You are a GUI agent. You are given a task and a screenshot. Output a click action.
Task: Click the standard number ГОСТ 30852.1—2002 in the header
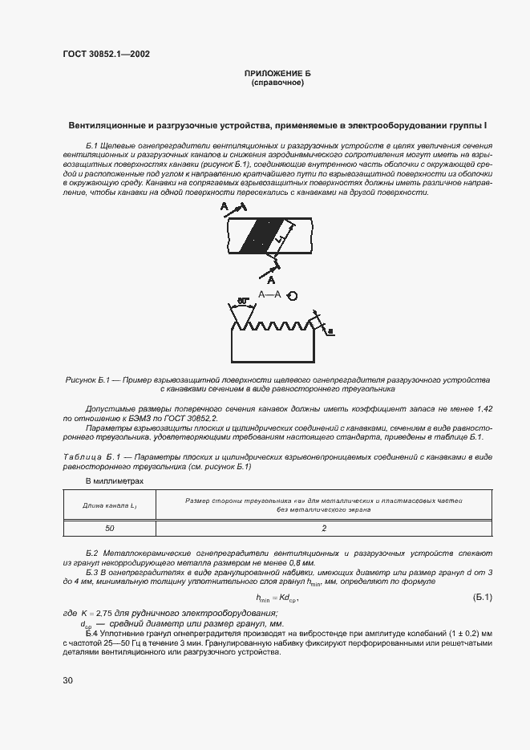pos(106,55)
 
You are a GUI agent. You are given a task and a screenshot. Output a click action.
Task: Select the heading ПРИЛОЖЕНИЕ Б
pos(277,74)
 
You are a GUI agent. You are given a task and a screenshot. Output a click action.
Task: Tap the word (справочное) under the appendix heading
pos(277,83)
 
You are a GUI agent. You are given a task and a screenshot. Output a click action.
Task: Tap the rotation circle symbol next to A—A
pos(293,296)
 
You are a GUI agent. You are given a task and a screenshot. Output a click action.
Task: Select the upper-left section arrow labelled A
pos(227,208)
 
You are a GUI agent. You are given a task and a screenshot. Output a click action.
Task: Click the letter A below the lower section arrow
pos(272,281)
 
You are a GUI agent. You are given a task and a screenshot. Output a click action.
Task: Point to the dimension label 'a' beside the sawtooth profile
pos(331,330)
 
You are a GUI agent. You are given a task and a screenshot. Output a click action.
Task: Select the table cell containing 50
pos(109,528)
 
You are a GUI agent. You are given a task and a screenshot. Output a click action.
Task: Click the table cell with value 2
pos(323,528)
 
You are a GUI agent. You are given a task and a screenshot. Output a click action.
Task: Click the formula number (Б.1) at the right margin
pos(478,598)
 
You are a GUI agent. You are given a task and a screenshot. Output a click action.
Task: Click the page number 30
pos(67,681)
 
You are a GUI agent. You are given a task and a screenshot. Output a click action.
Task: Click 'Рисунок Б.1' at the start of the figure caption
pos(87,379)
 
